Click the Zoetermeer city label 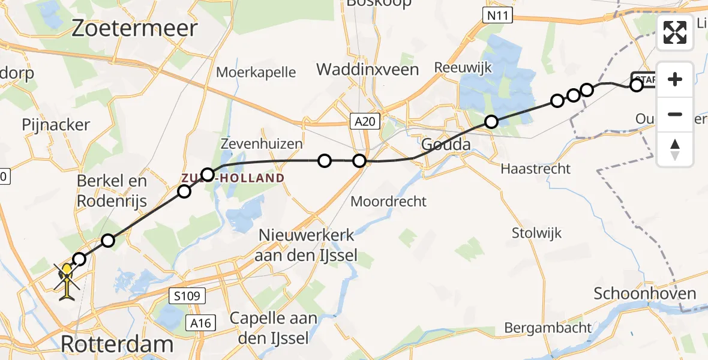click(x=134, y=28)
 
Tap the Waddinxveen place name click(x=367, y=69)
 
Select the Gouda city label click(x=445, y=144)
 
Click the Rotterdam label click(x=117, y=344)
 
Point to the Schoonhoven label click(x=645, y=293)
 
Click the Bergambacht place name click(x=548, y=328)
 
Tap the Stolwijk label click(x=537, y=232)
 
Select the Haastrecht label click(x=536, y=169)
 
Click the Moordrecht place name click(x=388, y=201)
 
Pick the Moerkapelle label click(x=256, y=73)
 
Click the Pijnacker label click(x=56, y=125)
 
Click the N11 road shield click(x=497, y=15)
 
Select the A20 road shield click(x=365, y=122)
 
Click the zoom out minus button click(x=675, y=114)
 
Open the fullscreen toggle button click(x=675, y=32)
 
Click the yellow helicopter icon click(x=67, y=280)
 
